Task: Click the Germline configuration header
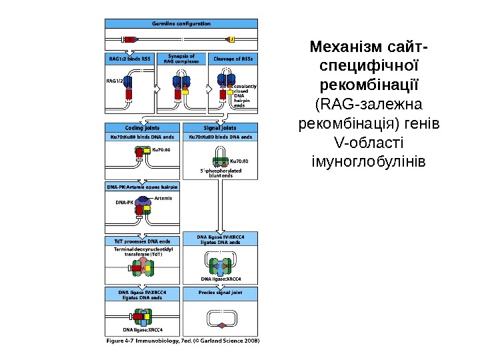point(181,23)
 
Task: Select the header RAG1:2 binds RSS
point(130,58)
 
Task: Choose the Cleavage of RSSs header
point(233,58)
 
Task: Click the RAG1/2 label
point(115,81)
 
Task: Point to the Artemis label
point(163,198)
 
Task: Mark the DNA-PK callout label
point(125,202)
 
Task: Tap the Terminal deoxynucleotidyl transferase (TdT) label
point(143,251)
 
